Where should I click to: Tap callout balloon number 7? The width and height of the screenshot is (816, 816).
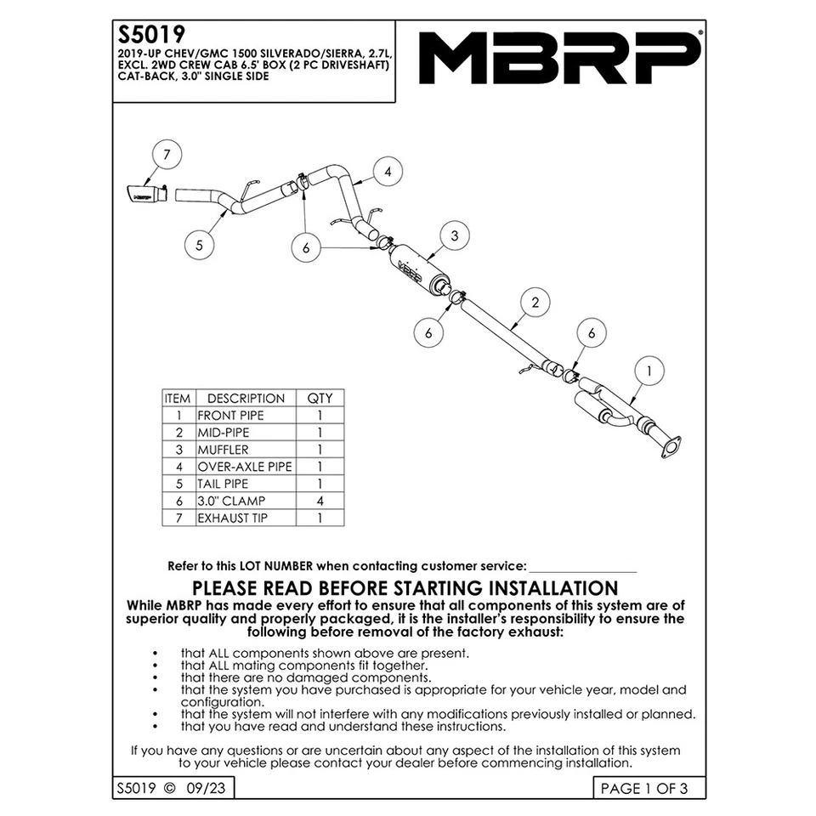pyautogui.click(x=167, y=155)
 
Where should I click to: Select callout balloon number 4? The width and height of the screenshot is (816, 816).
pyautogui.click(x=387, y=172)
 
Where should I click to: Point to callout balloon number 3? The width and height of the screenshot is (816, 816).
pyautogui.click(x=455, y=235)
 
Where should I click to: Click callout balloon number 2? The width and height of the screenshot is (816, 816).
pyautogui.click(x=535, y=302)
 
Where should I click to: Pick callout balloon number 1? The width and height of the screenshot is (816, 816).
pyautogui.click(x=649, y=371)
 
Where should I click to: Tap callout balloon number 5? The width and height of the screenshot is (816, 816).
pyautogui.click(x=199, y=245)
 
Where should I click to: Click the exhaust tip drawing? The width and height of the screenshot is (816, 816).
pyautogui.click(x=144, y=194)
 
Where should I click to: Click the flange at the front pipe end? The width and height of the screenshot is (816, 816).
pyautogui.click(x=671, y=447)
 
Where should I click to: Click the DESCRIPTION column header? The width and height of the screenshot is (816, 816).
pyautogui.click(x=246, y=399)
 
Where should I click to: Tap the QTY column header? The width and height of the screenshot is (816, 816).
pyautogui.click(x=320, y=399)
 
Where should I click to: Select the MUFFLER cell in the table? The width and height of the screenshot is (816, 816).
pyautogui.click(x=224, y=450)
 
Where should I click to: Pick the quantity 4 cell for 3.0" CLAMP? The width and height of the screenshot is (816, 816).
pyautogui.click(x=320, y=501)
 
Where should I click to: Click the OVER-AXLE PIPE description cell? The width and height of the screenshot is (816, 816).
pyautogui.click(x=245, y=467)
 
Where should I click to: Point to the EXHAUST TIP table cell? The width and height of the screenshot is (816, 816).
pyautogui.click(x=233, y=518)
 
